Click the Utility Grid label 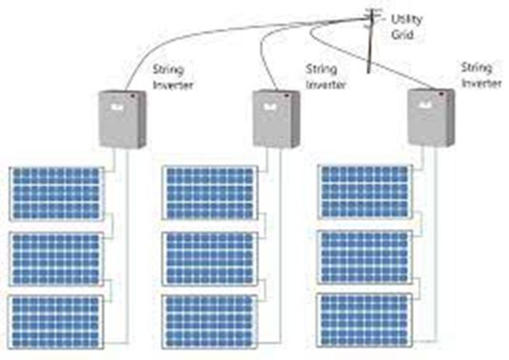(x=407, y=27)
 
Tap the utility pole (x=371, y=41)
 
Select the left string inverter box (x=122, y=119)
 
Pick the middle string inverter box (x=276, y=119)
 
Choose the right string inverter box (x=431, y=118)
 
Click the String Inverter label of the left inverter (x=172, y=77)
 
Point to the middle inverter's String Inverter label (x=326, y=77)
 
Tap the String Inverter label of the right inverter (x=482, y=76)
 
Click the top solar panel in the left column (x=56, y=194)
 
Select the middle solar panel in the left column (x=56, y=259)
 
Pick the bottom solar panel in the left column (x=56, y=322)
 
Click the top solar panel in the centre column (x=210, y=193)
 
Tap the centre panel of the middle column (x=210, y=259)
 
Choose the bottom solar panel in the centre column (x=210, y=322)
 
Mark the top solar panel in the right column (x=365, y=192)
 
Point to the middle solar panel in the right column (x=365, y=257)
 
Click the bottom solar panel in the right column (x=365, y=320)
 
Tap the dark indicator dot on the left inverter (x=132, y=96)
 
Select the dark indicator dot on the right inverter (x=441, y=94)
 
